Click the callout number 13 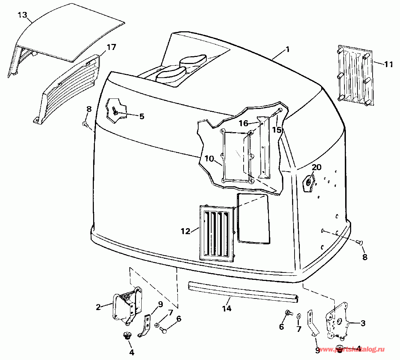click(22, 15)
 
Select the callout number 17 click(111, 47)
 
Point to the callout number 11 click(388, 64)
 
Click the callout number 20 click(316, 168)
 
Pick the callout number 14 click(227, 308)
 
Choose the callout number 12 click(185, 231)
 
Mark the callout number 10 click(209, 159)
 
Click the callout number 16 click(244, 123)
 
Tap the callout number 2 click(98, 307)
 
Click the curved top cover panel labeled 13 click(77, 32)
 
